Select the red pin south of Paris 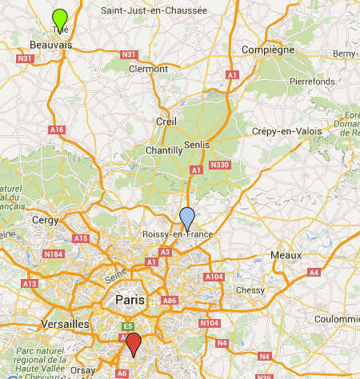[x=134, y=343]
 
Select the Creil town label [x=166, y=121]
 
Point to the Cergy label [x=45, y=219]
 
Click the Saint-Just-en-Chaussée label [x=154, y=11]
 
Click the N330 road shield [x=219, y=165]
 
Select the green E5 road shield [x=126, y=326]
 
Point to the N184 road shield [x=53, y=254]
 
